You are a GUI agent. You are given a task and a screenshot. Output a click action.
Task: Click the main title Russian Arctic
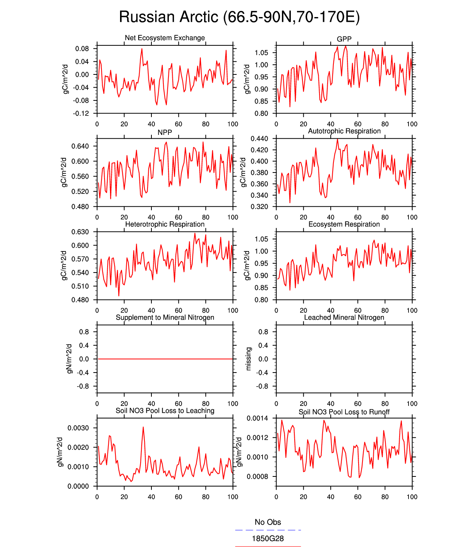(239, 17)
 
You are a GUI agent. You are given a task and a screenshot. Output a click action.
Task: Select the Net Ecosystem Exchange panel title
(165, 38)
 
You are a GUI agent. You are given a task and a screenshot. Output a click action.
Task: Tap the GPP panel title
(344, 39)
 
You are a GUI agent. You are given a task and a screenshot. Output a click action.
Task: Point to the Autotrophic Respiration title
(344, 131)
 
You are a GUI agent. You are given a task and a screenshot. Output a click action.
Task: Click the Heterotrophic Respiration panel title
(165, 224)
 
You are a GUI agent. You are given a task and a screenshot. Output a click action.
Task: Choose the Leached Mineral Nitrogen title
(344, 318)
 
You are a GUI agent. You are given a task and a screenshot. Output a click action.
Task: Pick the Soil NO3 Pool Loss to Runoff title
(344, 412)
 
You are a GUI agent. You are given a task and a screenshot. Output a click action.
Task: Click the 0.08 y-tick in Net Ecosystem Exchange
(82, 49)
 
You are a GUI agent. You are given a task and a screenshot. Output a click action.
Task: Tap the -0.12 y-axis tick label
(81, 114)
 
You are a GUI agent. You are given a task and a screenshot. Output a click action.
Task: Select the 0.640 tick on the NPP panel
(80, 147)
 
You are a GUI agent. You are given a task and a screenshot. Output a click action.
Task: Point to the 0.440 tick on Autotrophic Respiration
(259, 139)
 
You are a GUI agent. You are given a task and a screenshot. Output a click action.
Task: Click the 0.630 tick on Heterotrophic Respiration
(80, 232)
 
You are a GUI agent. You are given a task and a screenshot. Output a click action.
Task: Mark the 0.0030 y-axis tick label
(78, 428)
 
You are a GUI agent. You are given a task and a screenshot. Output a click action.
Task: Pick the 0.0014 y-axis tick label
(258, 418)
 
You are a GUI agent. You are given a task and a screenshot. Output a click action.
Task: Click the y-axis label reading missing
(249, 359)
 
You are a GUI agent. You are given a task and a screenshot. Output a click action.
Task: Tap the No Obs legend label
(268, 522)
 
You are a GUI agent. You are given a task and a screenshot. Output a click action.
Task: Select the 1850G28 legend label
(268, 538)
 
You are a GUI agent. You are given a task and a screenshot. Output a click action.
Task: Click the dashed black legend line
(268, 530)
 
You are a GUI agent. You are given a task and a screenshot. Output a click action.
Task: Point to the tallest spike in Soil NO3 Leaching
(143, 428)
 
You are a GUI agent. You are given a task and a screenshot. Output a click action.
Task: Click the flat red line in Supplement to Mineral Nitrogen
(165, 359)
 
